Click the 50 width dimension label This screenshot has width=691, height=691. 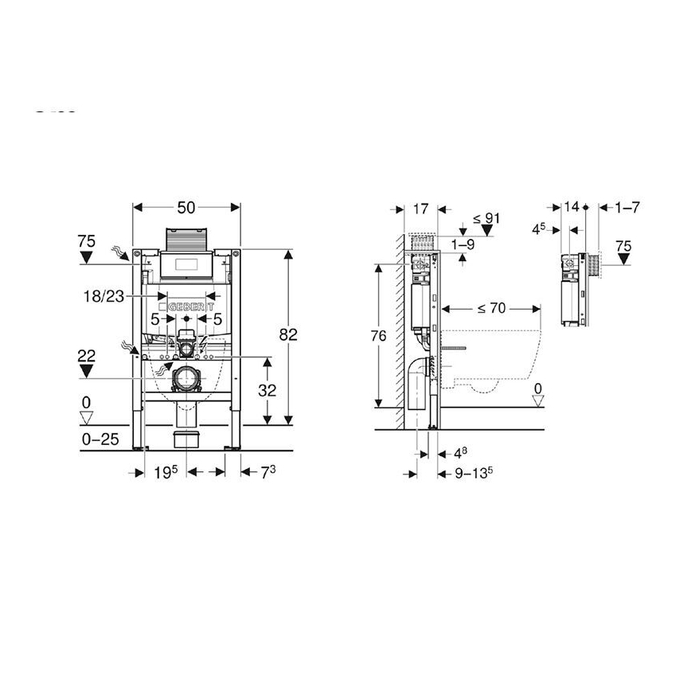point(185,208)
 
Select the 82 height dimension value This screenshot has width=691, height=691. point(287,335)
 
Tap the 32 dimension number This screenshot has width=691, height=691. point(267,390)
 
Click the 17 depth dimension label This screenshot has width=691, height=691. point(421,209)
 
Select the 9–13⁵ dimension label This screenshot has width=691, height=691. point(472,473)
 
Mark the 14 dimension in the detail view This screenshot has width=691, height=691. point(571,207)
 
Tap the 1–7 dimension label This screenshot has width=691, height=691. point(627,207)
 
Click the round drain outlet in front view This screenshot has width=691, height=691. point(186,380)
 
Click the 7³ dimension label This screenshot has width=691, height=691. point(267,472)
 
